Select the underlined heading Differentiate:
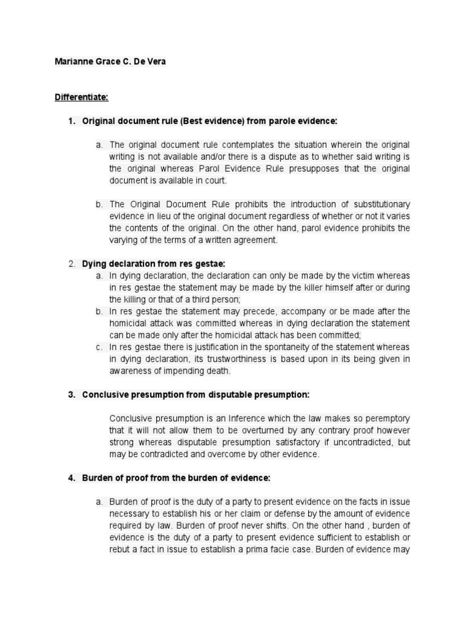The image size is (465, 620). [81, 97]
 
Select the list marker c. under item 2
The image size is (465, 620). [99, 347]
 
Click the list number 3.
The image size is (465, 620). [71, 395]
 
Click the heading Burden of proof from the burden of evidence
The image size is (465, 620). [176, 478]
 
